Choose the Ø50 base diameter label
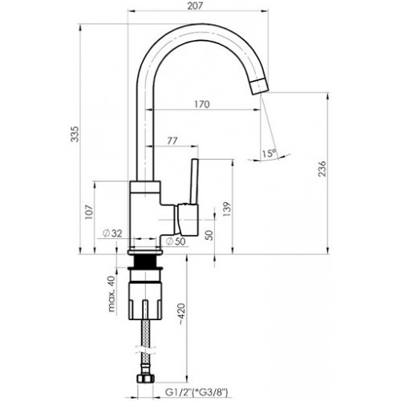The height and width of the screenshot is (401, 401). tap(175, 241)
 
